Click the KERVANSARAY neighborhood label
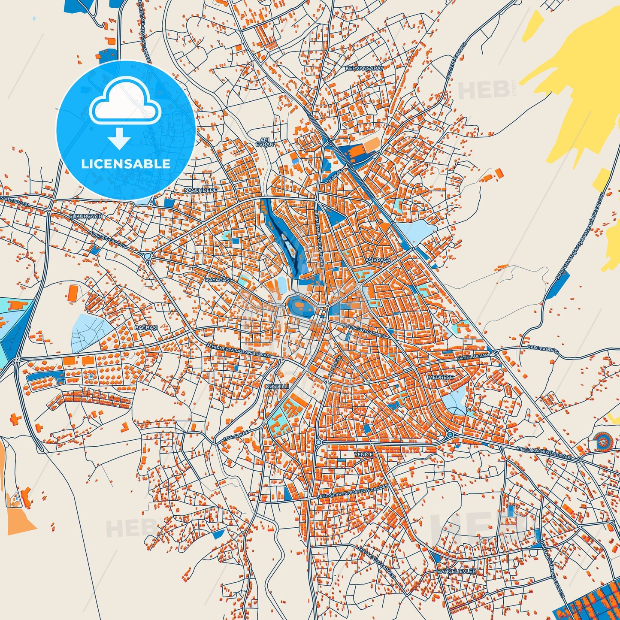tap(364, 68)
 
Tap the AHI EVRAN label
tap(264, 142)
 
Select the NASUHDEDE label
tap(200, 190)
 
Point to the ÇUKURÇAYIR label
tap(86, 217)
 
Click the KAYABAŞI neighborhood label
tap(218, 280)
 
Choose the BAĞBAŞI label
tap(146, 327)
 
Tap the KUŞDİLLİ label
tap(277, 386)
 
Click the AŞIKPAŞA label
tap(378, 260)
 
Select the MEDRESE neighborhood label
tap(440, 377)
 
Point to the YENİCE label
tap(363, 454)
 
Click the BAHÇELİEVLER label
tap(457, 572)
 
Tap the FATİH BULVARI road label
tap(473, 357)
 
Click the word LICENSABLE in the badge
tap(126, 163)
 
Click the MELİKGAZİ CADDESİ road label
tap(364, 330)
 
